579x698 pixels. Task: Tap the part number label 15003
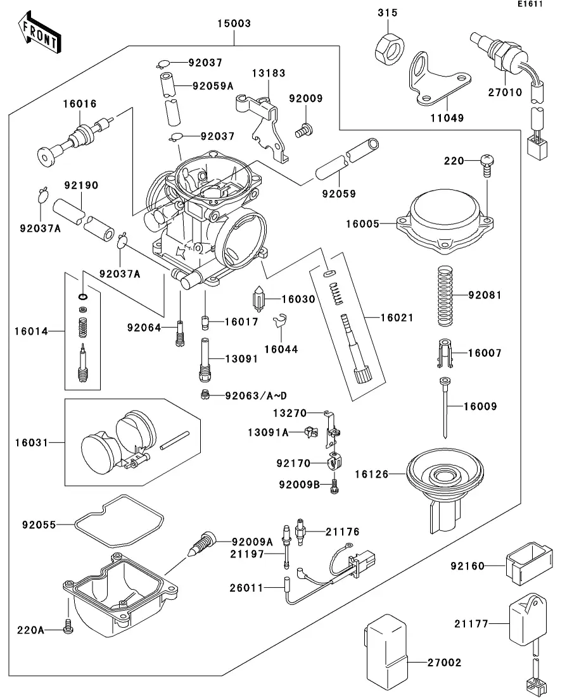pos(234,24)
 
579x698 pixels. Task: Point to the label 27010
pos(504,92)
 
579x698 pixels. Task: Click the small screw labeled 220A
pos(69,627)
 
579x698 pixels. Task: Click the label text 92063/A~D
pos(257,396)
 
